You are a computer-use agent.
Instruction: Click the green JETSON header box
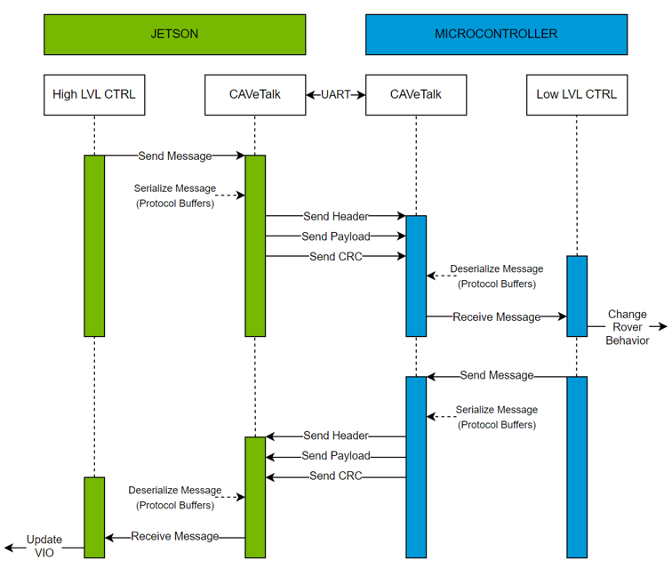[x=174, y=34]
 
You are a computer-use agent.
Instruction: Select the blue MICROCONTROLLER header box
[x=496, y=34]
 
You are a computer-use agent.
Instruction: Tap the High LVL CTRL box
[x=94, y=94]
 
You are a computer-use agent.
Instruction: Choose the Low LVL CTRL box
[x=576, y=94]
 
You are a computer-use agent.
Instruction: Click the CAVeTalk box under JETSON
[x=255, y=94]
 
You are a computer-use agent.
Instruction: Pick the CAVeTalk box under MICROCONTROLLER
[x=415, y=94]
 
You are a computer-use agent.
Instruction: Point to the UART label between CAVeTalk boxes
[x=336, y=94]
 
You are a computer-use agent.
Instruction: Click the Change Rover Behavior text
[x=628, y=328]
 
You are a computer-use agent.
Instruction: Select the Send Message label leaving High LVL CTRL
[x=175, y=156]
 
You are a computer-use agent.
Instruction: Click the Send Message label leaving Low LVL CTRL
[x=497, y=376]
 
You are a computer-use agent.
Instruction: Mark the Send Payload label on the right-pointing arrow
[x=336, y=236]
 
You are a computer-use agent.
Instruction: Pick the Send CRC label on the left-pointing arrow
[x=335, y=476]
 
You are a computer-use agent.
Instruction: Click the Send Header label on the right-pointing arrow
[x=336, y=216]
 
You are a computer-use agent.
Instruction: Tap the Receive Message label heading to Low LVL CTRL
[x=496, y=316]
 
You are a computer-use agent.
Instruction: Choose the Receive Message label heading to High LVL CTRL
[x=175, y=537]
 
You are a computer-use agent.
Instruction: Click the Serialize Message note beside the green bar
[x=175, y=196]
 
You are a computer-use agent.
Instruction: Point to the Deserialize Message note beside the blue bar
[x=496, y=276]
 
